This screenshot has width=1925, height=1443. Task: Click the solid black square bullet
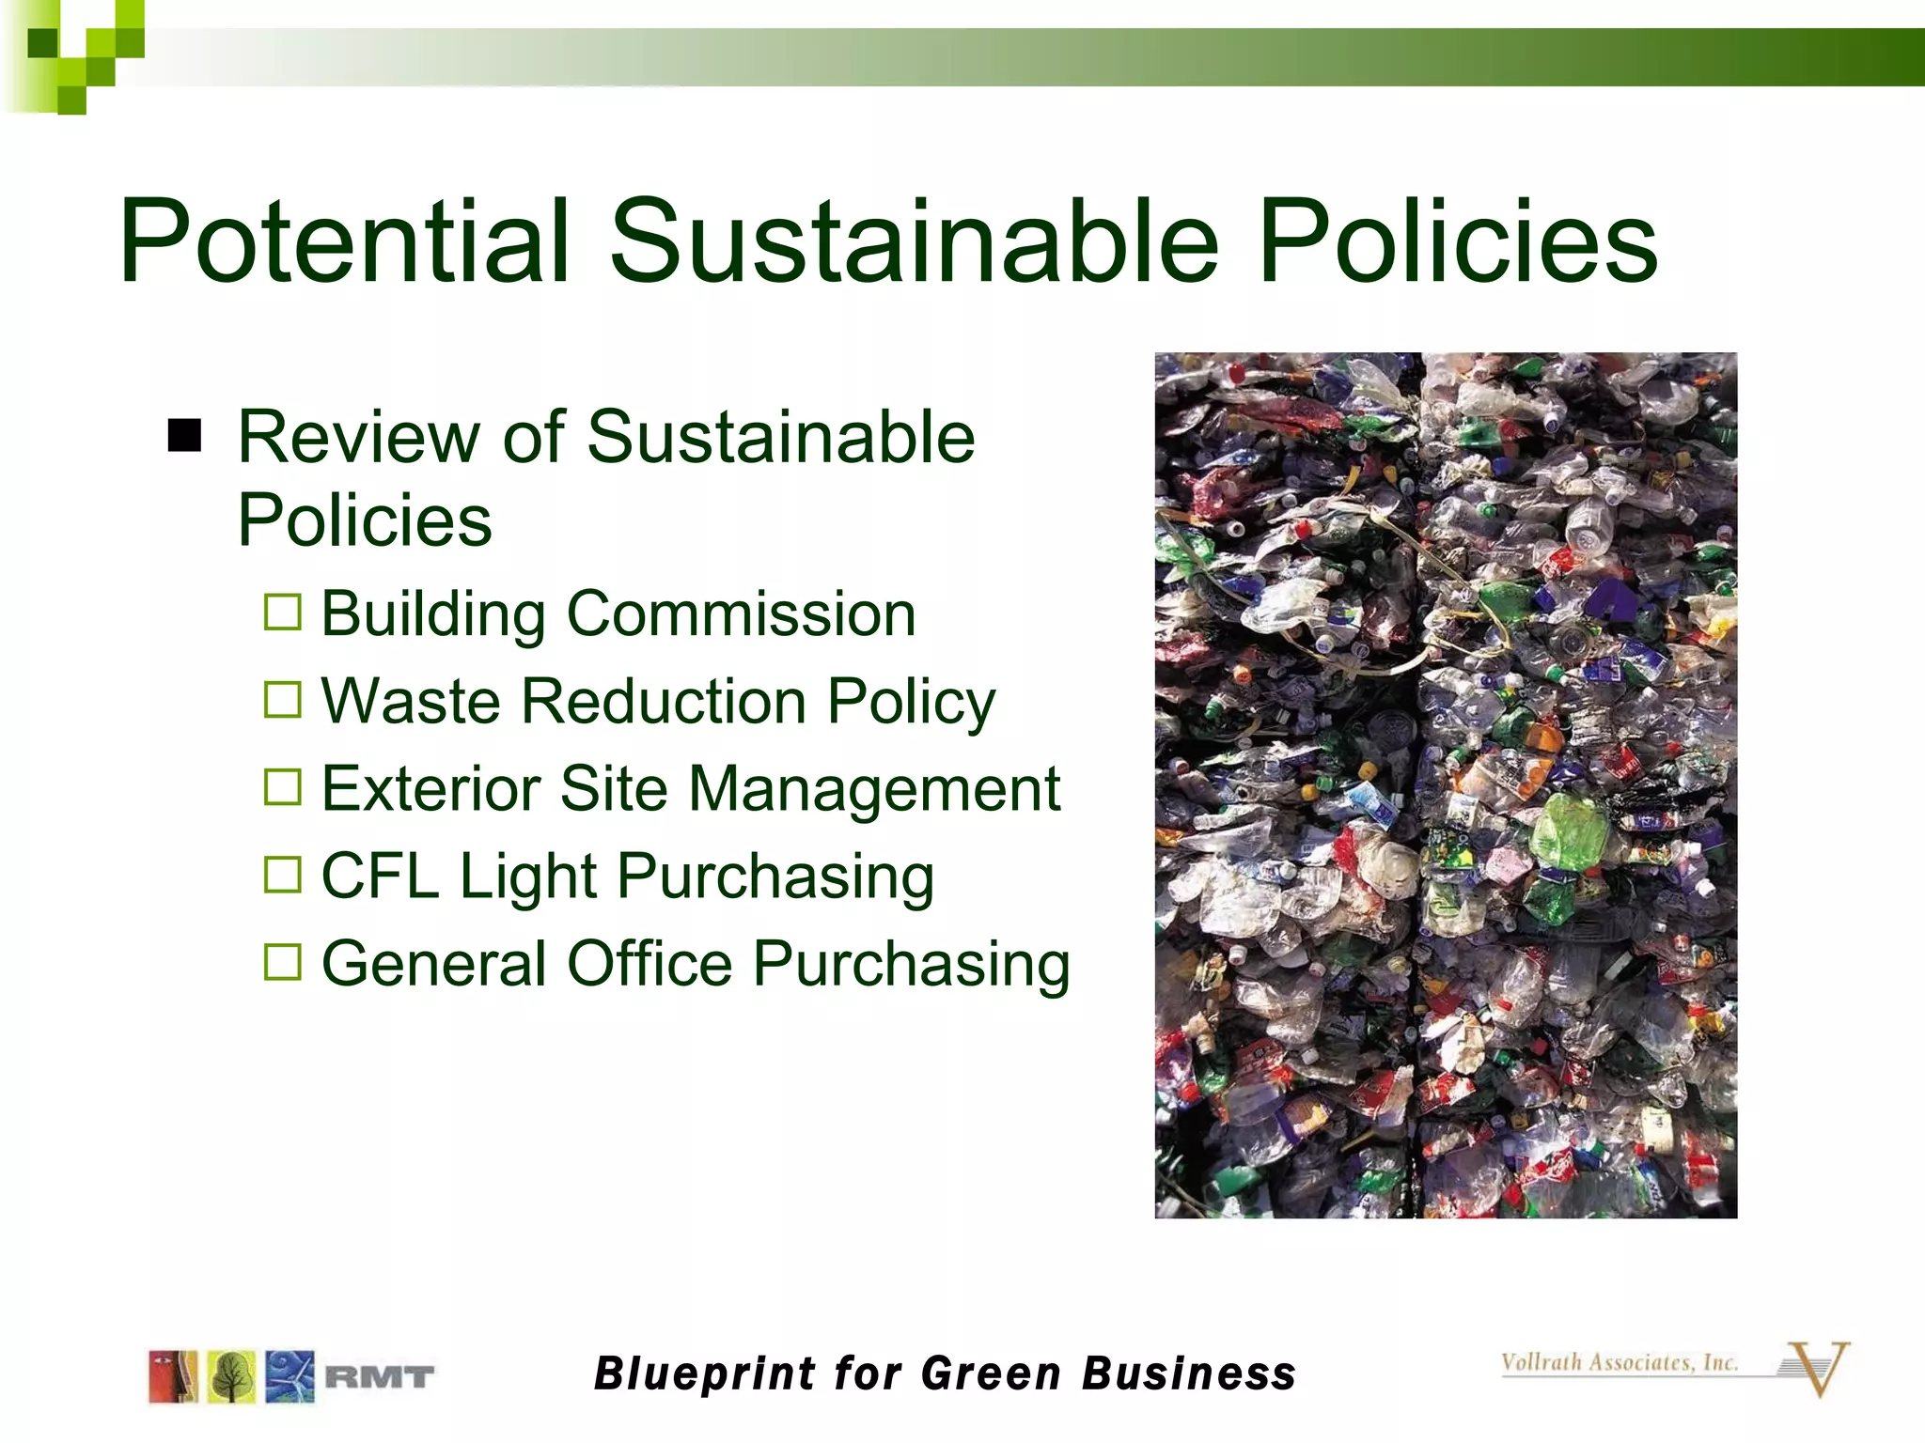tap(185, 436)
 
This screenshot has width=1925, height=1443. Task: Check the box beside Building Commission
tap(283, 613)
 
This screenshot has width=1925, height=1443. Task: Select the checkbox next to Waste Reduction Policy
tap(283, 700)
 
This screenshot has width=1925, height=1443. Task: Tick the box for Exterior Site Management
tap(283, 787)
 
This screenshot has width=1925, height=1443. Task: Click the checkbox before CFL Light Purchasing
tap(283, 875)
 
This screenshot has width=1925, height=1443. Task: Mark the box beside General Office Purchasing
tap(283, 962)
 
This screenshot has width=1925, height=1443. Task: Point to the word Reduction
tap(664, 701)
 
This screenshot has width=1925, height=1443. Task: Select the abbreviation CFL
tap(380, 876)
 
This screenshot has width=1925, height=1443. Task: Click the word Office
tap(649, 964)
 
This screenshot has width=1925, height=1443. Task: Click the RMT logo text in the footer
tap(380, 1378)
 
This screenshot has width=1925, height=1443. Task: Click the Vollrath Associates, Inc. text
tap(1619, 1362)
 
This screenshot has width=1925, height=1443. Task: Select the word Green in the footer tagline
tap(991, 1373)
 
